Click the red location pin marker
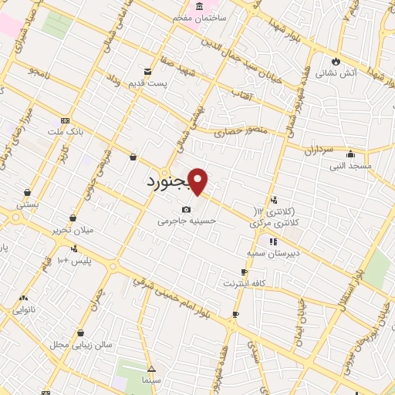coord(198,181)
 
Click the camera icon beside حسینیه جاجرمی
coord(186,210)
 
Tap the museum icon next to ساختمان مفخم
coord(200,6)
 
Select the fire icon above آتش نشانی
coord(336,62)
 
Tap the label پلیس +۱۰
coord(74,260)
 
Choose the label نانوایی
coord(24,309)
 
